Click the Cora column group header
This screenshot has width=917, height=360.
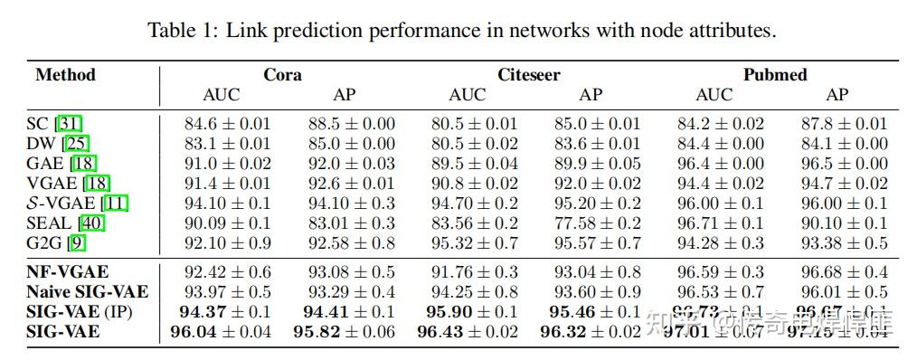282,75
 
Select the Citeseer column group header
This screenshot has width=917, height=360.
528,75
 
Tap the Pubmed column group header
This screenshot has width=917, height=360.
775,75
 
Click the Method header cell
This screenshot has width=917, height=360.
65,75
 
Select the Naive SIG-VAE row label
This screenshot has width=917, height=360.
87,292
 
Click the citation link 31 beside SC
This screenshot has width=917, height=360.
69,124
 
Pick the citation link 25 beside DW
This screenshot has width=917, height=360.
75,144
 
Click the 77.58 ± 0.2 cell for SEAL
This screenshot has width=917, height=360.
591,223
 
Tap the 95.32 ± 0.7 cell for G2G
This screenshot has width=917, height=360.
468,242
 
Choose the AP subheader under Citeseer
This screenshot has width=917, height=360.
591,95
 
